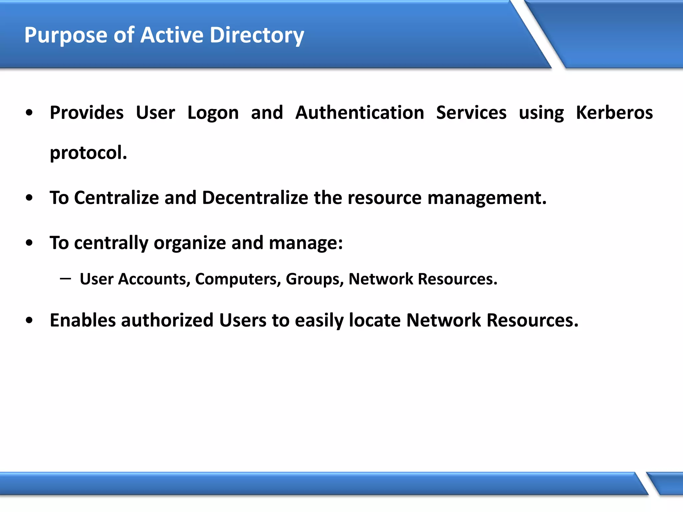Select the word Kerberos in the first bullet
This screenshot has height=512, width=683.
pyautogui.click(x=614, y=113)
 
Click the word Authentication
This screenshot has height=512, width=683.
pyautogui.click(x=360, y=113)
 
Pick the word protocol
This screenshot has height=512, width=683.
pyautogui.click(x=88, y=153)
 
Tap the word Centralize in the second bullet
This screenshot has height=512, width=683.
pyautogui.click(x=116, y=198)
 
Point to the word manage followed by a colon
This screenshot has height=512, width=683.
pyautogui.click(x=305, y=243)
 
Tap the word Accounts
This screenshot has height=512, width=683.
pyautogui.click(x=154, y=279)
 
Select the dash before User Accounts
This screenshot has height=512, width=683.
pyautogui.click(x=65, y=278)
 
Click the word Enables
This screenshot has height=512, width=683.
pyautogui.click(x=82, y=320)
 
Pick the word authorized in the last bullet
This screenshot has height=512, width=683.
pyautogui.click(x=167, y=320)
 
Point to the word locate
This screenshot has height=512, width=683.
pyautogui.click(x=375, y=320)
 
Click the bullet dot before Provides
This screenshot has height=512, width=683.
pyautogui.click(x=29, y=113)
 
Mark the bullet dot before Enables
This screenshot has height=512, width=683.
pyautogui.click(x=29, y=321)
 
